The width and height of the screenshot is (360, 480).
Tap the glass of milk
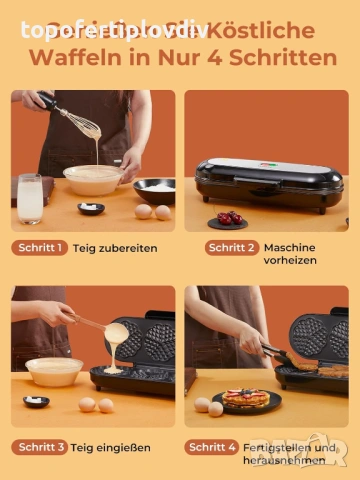[30, 198]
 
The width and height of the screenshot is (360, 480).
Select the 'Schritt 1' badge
[40, 248]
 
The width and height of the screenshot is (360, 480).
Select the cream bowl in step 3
[54, 371]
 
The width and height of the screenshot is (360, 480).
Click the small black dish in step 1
[91, 208]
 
